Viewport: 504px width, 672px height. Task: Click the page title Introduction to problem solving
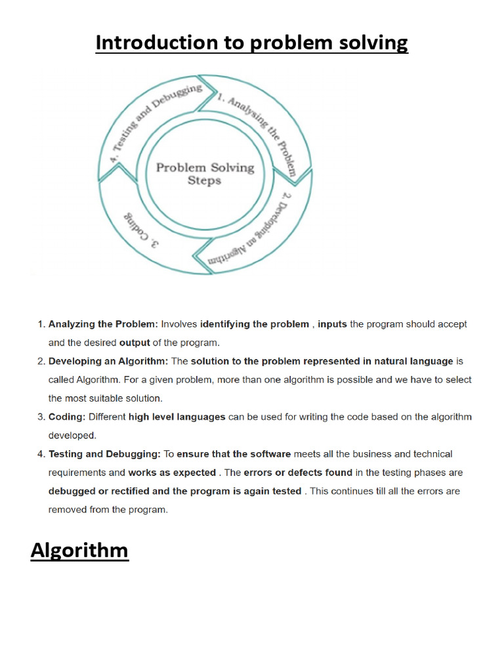click(252, 43)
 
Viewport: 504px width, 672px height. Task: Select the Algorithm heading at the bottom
click(79, 550)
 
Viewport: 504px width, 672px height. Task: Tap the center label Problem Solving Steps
click(204, 173)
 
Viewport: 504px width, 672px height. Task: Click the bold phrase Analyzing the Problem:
click(104, 324)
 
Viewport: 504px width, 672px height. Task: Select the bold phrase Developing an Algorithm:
click(108, 361)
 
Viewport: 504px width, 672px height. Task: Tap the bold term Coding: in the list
click(67, 417)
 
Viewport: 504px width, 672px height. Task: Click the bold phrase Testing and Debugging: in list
click(104, 454)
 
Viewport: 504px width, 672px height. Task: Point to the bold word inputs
click(333, 324)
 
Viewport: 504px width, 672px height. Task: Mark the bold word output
click(135, 343)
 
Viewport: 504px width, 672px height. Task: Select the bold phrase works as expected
click(172, 472)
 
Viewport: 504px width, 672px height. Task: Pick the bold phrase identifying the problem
click(255, 324)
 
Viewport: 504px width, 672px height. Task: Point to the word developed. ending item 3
click(72, 435)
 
